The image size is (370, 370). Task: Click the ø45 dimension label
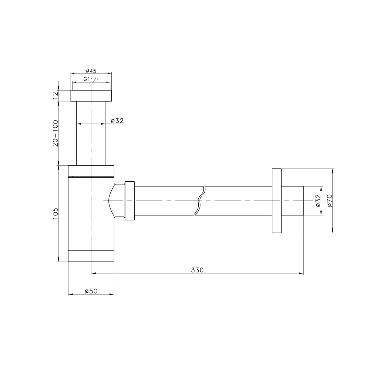(91, 71)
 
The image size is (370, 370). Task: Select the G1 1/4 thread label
(91, 80)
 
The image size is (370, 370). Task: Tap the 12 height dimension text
(55, 95)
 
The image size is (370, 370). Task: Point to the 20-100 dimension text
(55, 133)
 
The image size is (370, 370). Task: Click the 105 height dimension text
(55, 213)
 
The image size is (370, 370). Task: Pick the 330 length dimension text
(197, 270)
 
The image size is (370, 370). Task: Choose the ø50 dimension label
(91, 291)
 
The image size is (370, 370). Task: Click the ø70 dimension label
(330, 201)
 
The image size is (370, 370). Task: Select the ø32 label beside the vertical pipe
(117, 121)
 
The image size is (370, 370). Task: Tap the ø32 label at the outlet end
(318, 201)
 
